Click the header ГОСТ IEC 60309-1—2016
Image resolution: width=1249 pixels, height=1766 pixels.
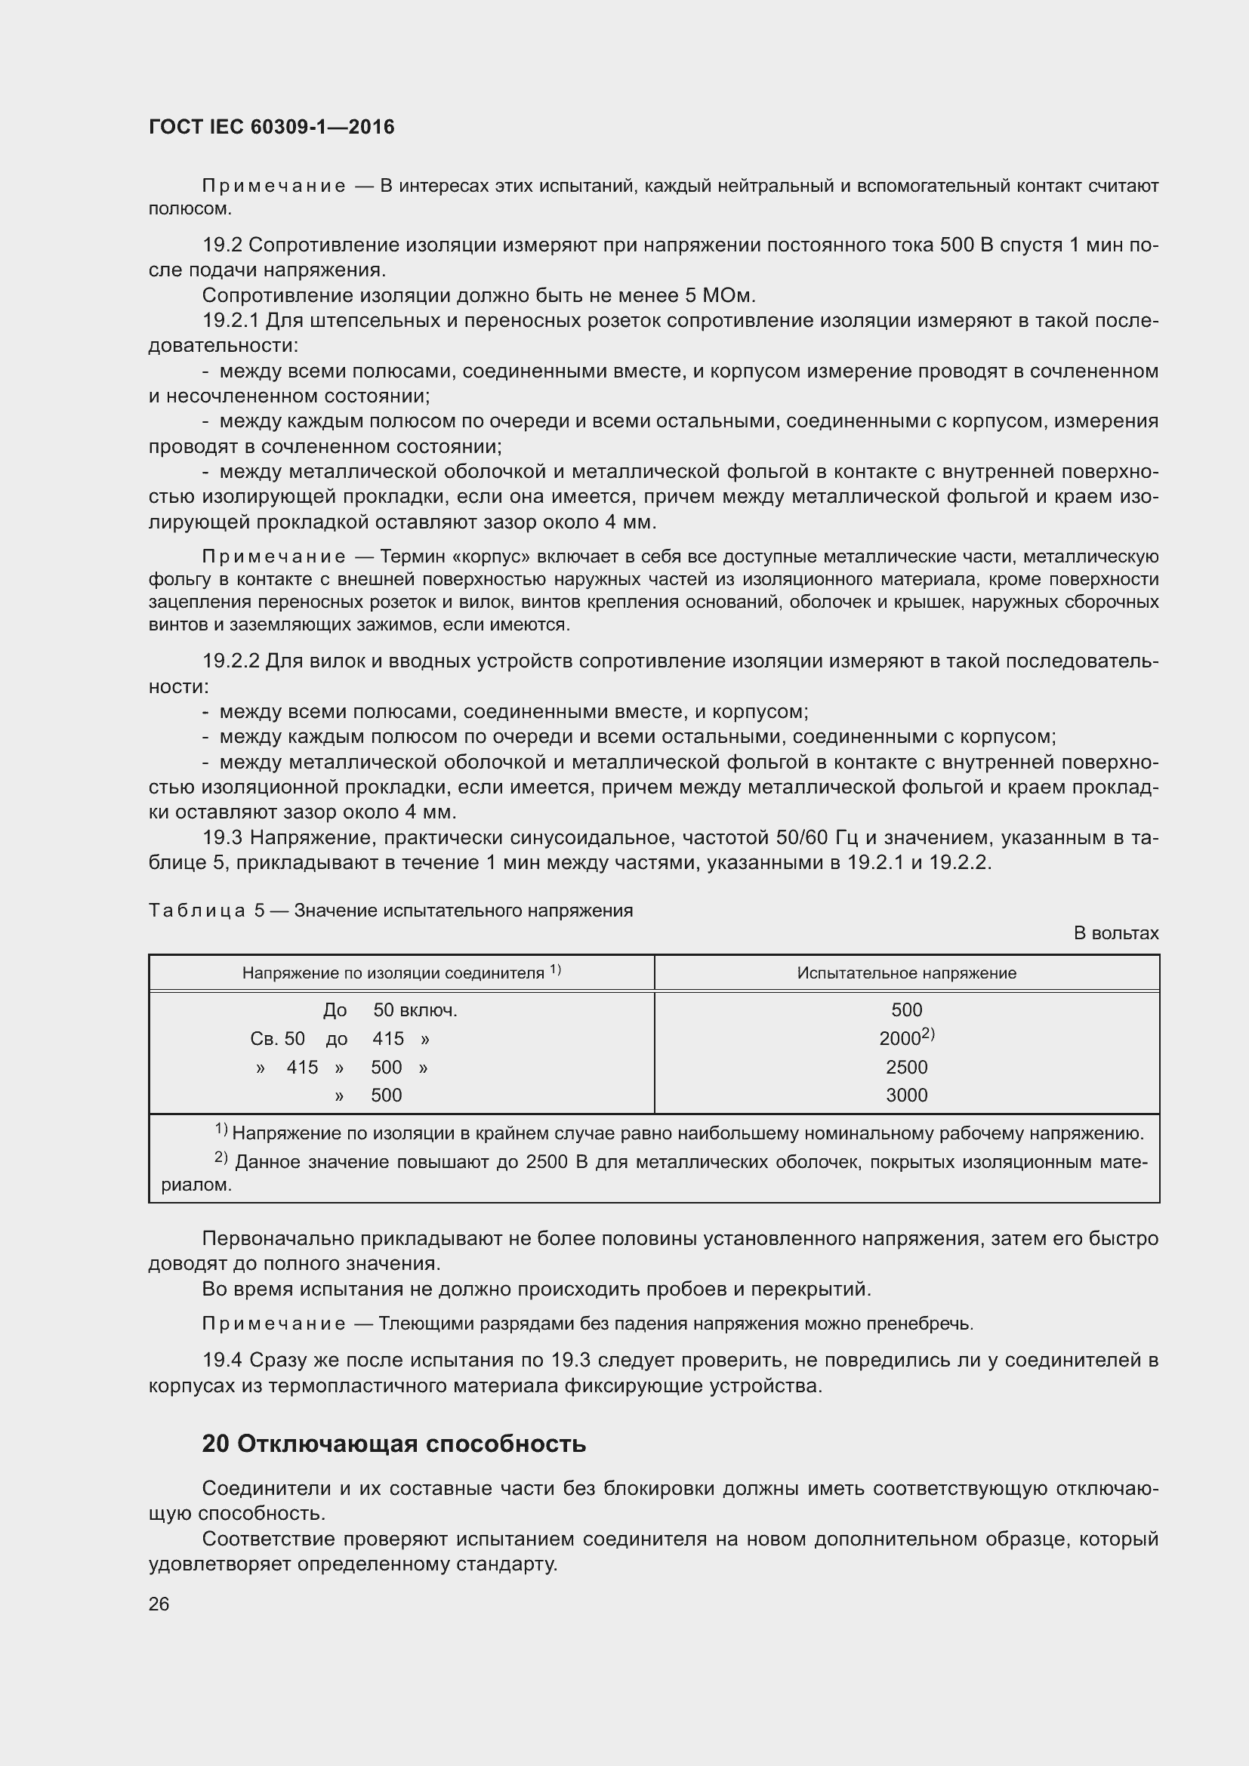(271, 127)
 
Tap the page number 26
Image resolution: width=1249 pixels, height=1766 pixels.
(159, 1604)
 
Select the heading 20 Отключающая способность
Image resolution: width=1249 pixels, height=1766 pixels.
(393, 1444)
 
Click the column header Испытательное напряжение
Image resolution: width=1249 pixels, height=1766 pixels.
(906, 973)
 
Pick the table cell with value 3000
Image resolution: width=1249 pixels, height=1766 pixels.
(906, 1096)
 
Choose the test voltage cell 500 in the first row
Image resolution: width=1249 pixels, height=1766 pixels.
(906, 1010)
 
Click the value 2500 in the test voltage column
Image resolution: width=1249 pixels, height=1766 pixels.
(906, 1067)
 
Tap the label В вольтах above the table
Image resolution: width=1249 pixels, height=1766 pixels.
(1115, 933)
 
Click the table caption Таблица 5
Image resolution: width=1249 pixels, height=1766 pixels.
(206, 911)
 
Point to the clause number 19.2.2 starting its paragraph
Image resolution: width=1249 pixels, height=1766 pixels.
(231, 661)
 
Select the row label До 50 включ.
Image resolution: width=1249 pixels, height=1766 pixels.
(390, 1010)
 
